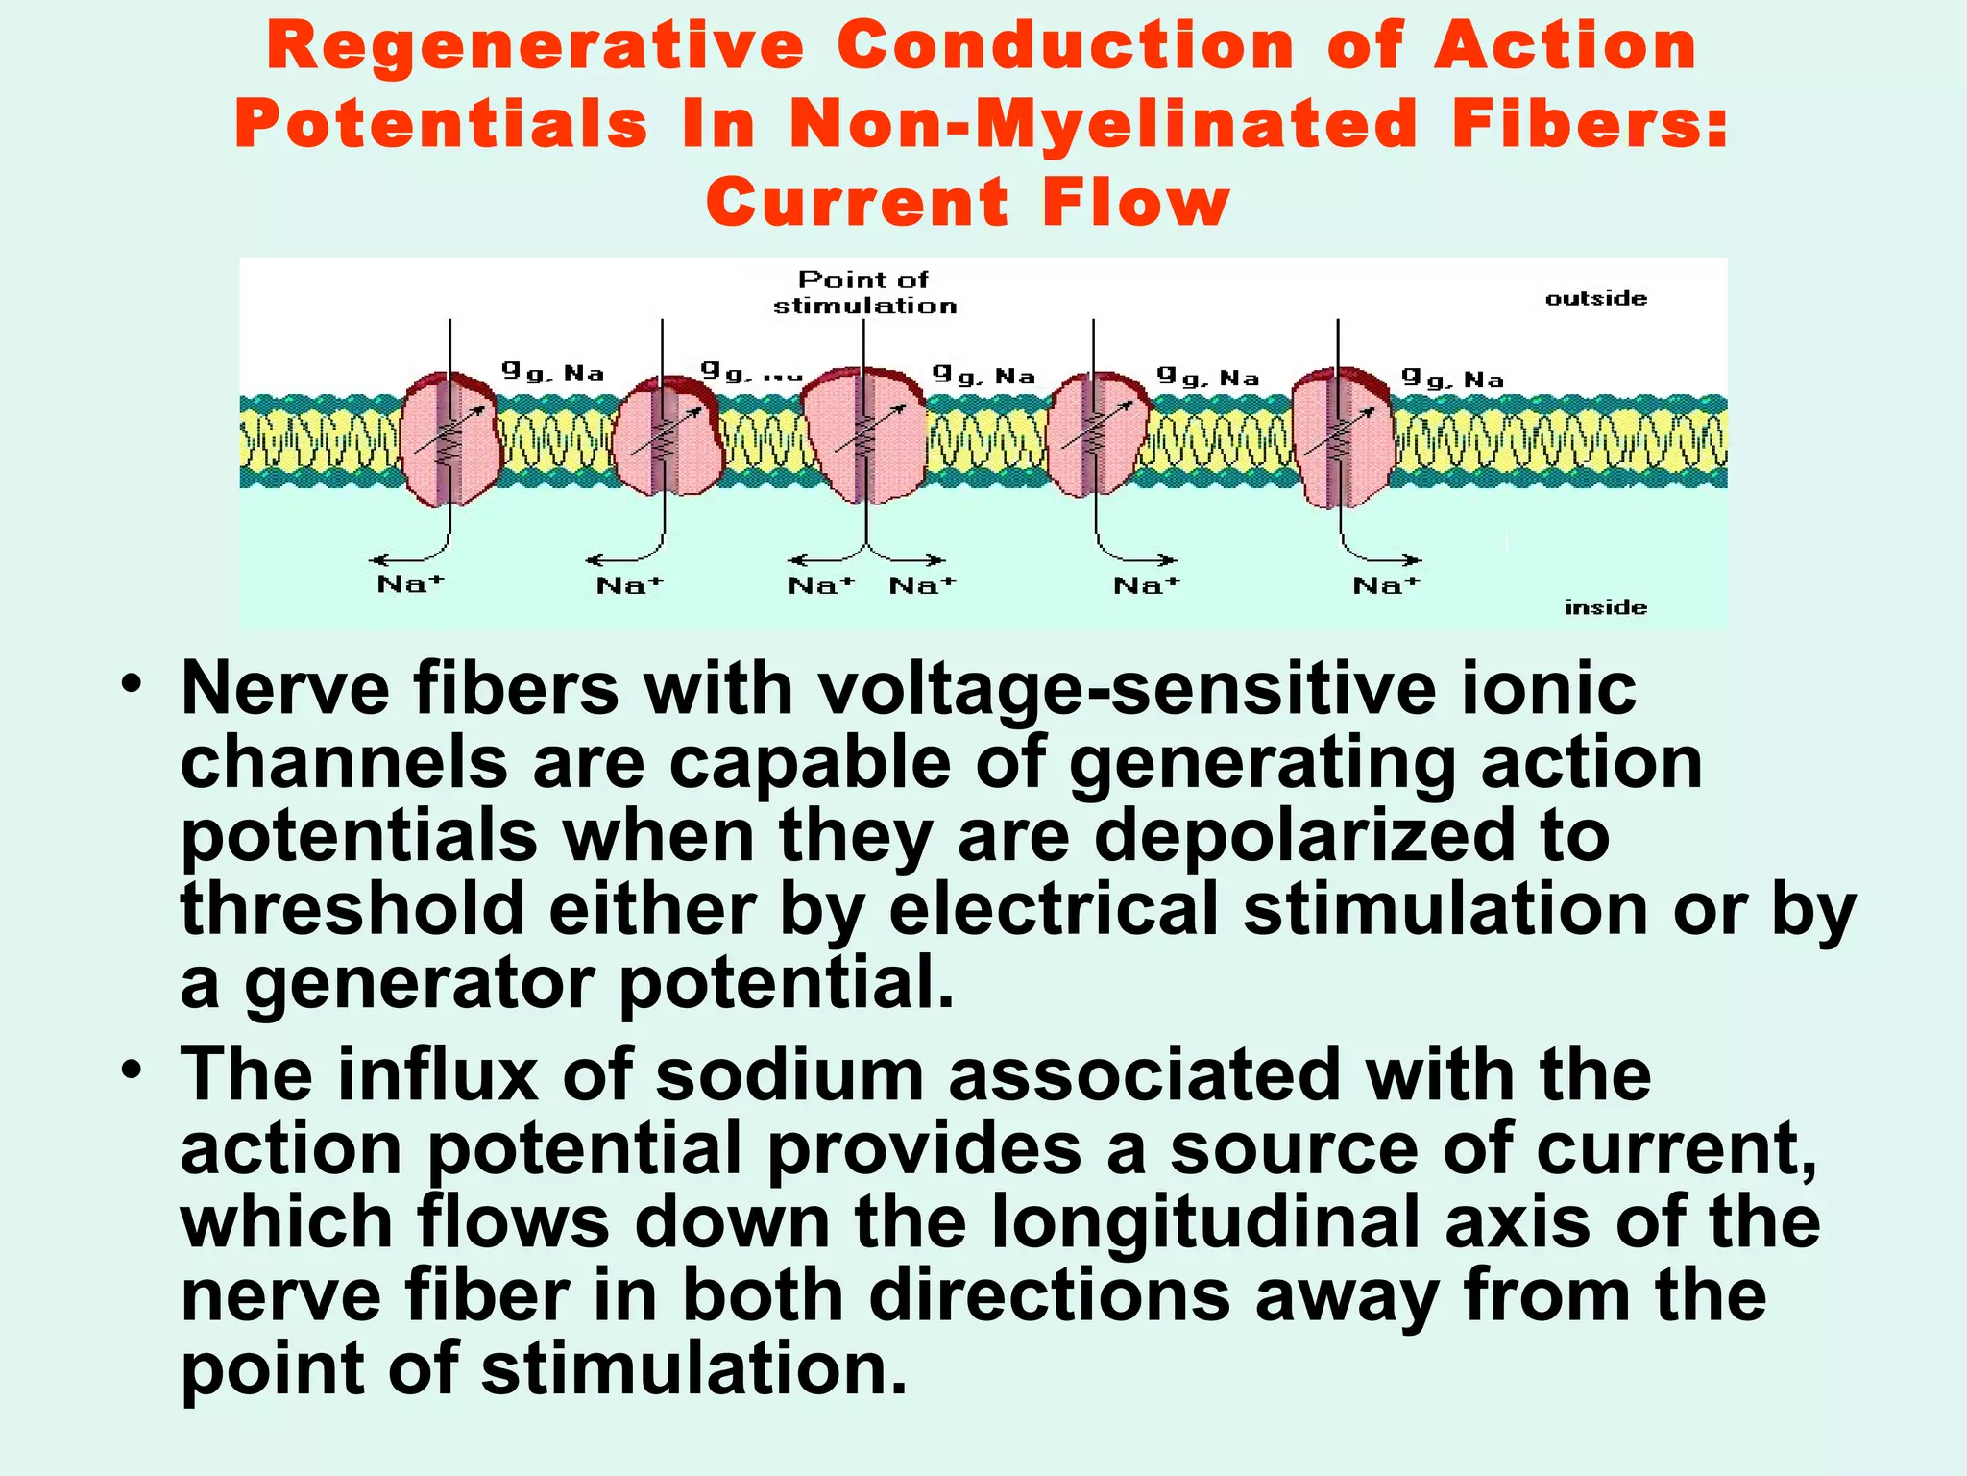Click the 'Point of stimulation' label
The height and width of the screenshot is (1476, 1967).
pyautogui.click(x=864, y=292)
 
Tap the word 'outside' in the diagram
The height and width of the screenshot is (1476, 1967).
pyautogui.click(x=1595, y=299)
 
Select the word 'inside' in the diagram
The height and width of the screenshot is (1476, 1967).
pyautogui.click(x=1605, y=607)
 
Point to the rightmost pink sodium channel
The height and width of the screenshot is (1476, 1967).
pyautogui.click(x=1343, y=437)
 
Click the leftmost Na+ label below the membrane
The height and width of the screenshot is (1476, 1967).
pyautogui.click(x=410, y=583)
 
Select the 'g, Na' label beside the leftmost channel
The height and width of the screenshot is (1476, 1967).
pyautogui.click(x=552, y=372)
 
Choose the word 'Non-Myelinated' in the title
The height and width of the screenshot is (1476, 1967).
pyautogui.click(x=1103, y=124)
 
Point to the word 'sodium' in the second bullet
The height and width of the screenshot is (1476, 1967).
pyautogui.click(x=789, y=1074)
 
